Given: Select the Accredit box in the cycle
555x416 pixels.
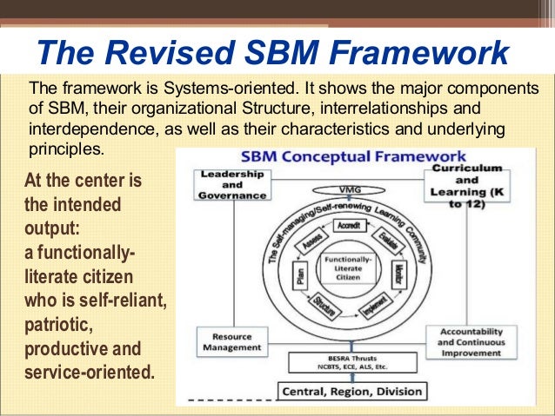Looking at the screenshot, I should pos(348,224).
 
